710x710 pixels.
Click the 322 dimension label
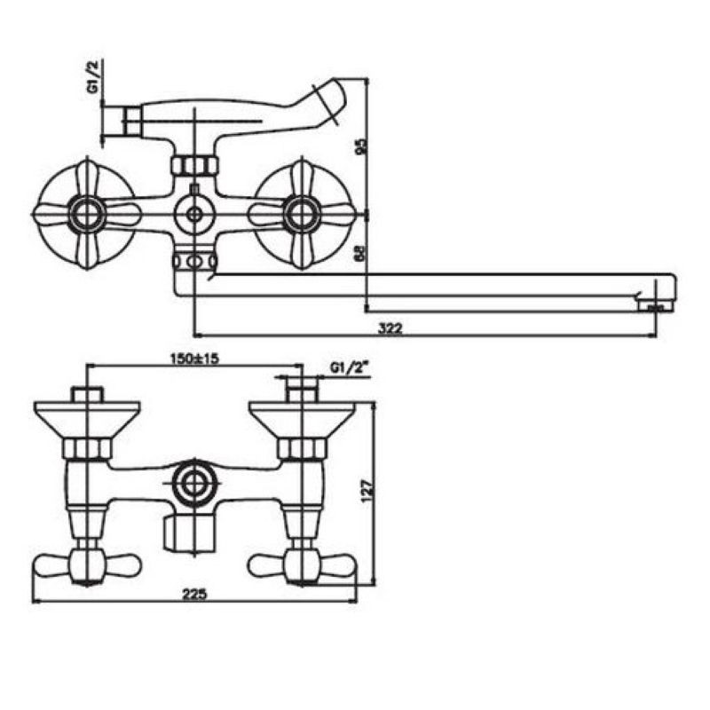pyautogui.click(x=390, y=327)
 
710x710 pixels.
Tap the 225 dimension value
pyautogui.click(x=194, y=594)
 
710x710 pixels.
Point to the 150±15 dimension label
pyautogui.click(x=194, y=359)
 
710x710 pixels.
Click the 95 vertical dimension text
pyautogui.click(x=362, y=146)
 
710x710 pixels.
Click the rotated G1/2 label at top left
pyautogui.click(x=94, y=76)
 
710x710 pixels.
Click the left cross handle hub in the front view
pyautogui.click(x=87, y=215)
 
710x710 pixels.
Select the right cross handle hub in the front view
pyautogui.click(x=301, y=215)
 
